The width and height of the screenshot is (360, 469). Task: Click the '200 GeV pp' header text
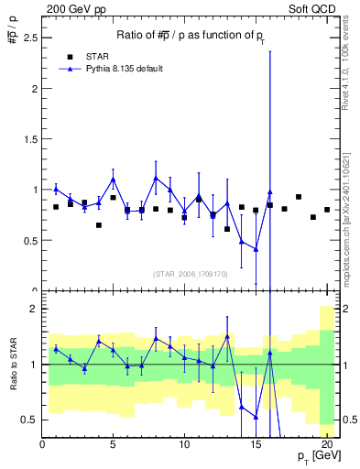pyautogui.click(x=71, y=8)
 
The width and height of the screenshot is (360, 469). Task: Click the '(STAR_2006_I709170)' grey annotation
pyautogui.click(x=190, y=273)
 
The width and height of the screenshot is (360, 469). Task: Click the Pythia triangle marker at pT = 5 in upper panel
pyautogui.click(x=114, y=180)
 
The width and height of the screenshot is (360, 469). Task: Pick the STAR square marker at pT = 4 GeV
pyautogui.click(x=99, y=224)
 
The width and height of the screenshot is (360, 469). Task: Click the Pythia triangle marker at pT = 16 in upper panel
pyautogui.click(x=269, y=192)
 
